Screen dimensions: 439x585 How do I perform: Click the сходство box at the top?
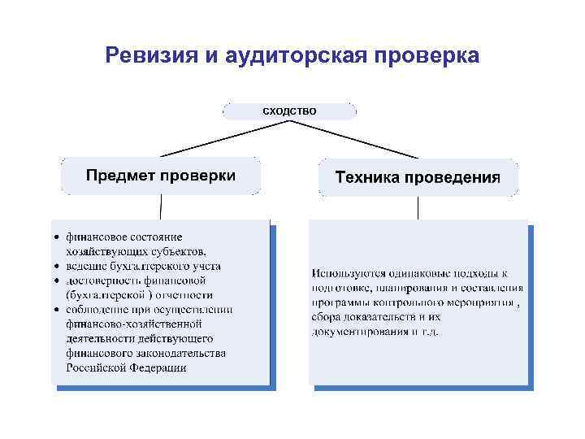point(289,110)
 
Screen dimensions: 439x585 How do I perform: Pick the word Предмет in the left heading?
point(121,176)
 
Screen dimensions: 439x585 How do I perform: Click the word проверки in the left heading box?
point(198,176)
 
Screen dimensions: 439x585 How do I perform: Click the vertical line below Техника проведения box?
point(418,207)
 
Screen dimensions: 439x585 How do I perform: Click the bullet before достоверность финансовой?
point(56,280)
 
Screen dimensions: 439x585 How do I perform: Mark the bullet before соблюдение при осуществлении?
point(56,310)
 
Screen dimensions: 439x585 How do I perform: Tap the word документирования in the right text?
point(361,332)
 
